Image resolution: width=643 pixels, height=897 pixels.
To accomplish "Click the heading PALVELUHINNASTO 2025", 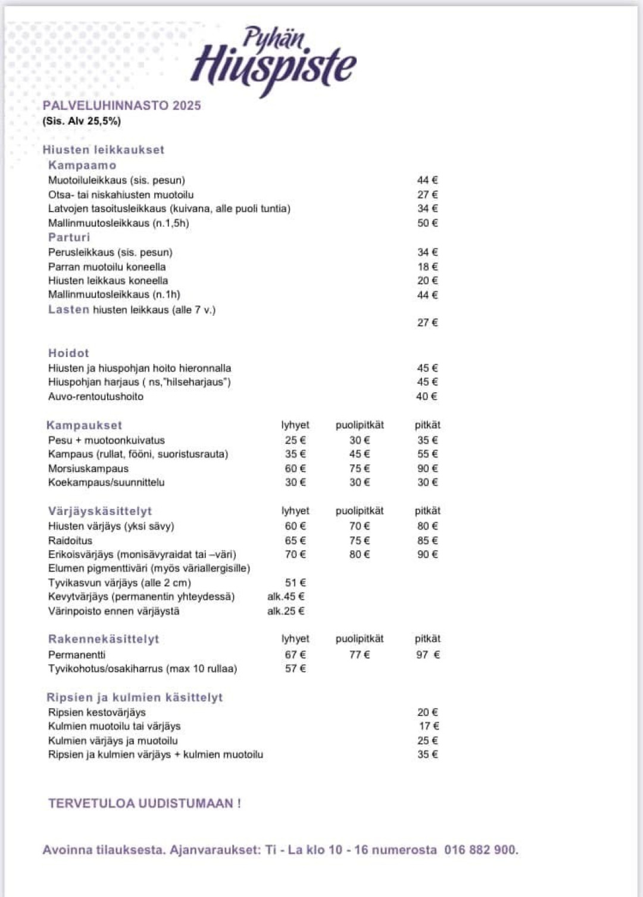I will point(121,105).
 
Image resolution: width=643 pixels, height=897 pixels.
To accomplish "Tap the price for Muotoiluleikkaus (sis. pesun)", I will point(427,180).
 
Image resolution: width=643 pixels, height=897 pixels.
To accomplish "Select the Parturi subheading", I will point(69,237).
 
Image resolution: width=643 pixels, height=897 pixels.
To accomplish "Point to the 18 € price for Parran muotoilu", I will point(427,266).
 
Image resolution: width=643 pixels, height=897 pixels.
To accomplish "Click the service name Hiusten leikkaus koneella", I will point(108,281).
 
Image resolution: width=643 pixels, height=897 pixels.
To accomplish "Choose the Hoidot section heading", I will point(68,353).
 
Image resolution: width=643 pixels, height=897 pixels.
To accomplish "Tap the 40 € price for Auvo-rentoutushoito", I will point(426,396).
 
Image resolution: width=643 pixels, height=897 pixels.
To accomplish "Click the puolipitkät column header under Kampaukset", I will point(359,425).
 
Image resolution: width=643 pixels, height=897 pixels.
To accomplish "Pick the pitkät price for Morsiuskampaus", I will point(427,468).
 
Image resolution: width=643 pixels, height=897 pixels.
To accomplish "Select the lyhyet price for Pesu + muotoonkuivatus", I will point(295,440).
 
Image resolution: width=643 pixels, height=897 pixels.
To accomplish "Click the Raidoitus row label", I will point(70,541).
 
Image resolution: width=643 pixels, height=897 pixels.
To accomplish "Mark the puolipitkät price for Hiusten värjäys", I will point(359,526).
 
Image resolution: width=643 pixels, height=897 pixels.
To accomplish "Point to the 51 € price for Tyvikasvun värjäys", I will point(295,582).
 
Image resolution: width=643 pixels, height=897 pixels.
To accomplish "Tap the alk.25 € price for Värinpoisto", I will point(286,611).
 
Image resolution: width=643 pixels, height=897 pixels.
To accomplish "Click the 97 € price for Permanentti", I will point(427,654).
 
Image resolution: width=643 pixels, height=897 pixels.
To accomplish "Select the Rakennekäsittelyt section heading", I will point(104,639).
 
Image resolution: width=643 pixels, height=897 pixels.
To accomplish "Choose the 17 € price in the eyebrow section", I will point(429,726).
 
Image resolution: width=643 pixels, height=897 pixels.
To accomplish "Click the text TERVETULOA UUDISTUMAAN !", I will point(145,803).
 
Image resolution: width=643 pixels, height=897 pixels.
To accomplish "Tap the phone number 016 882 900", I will point(480,850).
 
